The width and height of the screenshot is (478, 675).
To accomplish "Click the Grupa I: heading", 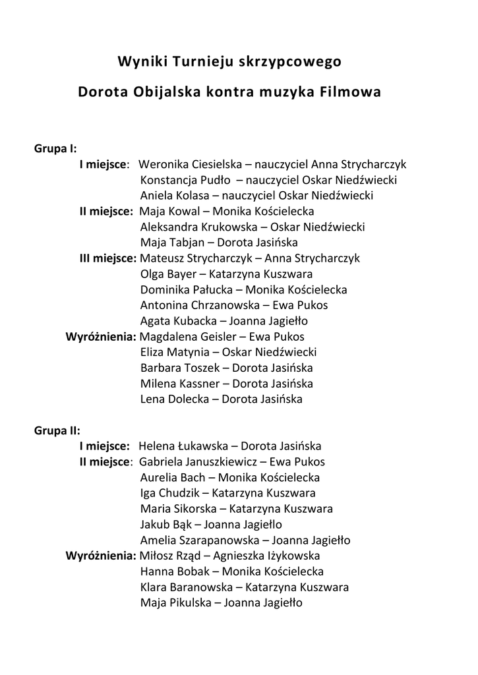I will [56, 148].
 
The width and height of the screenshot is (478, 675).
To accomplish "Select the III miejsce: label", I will [108, 258].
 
